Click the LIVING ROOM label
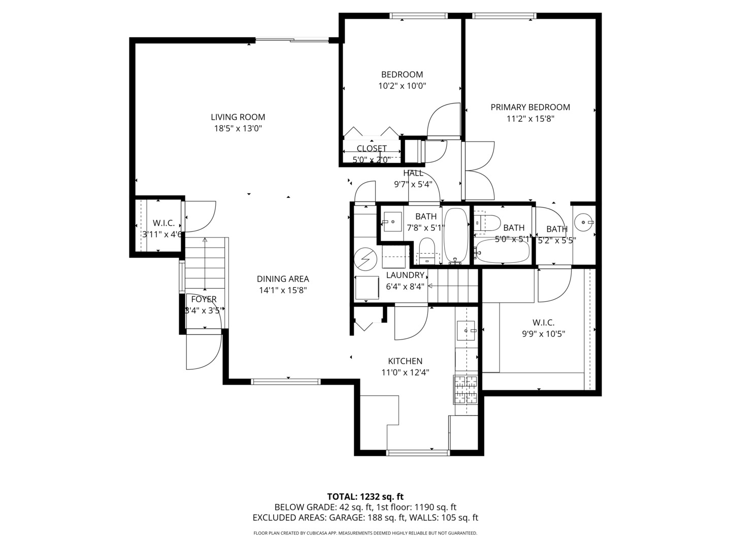pos(238,117)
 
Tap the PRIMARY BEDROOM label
pos(530,107)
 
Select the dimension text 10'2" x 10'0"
pos(402,86)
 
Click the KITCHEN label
pos(405,361)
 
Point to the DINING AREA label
pos(283,279)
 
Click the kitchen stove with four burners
pos(466,389)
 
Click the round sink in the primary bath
pos(583,222)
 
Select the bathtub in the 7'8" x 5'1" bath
pos(456,236)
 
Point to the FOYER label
pos(204,299)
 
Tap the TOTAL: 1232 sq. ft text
pos(365,497)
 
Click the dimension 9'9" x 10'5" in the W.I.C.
pos(543,334)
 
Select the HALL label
pos(413,173)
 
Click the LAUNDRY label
pos(405,275)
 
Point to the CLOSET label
pos(372,149)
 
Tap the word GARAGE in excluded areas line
pos(345,518)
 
